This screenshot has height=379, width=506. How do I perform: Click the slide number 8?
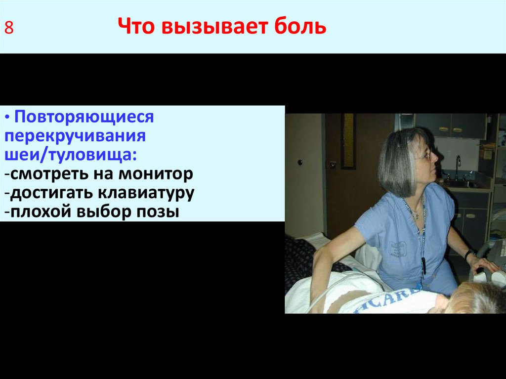[x=9, y=28]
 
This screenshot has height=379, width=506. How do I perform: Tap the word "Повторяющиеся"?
[x=84, y=118]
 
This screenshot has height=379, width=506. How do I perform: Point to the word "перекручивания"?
[x=75, y=136]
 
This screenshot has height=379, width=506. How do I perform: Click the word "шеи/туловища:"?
[x=71, y=155]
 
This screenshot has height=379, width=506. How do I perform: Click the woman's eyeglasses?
[x=424, y=155]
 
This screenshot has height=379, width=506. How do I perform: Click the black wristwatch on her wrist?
[x=468, y=254]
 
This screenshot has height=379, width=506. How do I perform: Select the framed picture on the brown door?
[x=348, y=141]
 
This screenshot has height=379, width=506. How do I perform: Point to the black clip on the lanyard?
[x=423, y=262]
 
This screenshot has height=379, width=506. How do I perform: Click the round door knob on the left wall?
[x=299, y=162]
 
